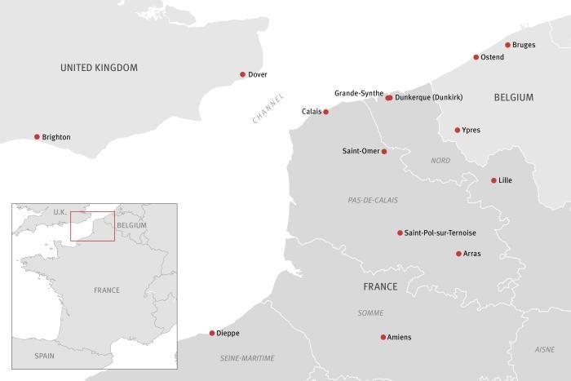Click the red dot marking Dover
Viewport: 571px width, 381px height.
click(x=242, y=74)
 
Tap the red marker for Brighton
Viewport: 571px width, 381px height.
click(x=37, y=137)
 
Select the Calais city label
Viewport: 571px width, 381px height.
click(x=311, y=111)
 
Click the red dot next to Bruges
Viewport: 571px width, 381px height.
click(x=507, y=45)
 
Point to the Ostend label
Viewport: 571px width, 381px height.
click(x=493, y=57)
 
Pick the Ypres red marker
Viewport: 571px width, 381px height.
click(x=458, y=130)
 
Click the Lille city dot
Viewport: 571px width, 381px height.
click(x=494, y=180)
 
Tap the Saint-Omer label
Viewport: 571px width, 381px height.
click(x=360, y=151)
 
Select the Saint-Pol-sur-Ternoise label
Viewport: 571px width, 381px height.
click(x=440, y=233)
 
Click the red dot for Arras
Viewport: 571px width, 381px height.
click(x=458, y=254)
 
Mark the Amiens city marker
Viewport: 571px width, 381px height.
click(x=383, y=337)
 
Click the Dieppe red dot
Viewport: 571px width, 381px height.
click(x=212, y=333)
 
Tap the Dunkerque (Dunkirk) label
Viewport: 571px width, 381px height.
click(x=429, y=98)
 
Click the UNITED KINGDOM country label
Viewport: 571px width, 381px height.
click(x=99, y=68)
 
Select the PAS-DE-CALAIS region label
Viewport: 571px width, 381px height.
click(x=373, y=200)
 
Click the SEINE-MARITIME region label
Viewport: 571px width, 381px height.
click(x=247, y=358)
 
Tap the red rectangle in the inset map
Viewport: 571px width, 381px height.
click(x=92, y=226)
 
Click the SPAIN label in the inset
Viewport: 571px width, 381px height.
click(x=44, y=356)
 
